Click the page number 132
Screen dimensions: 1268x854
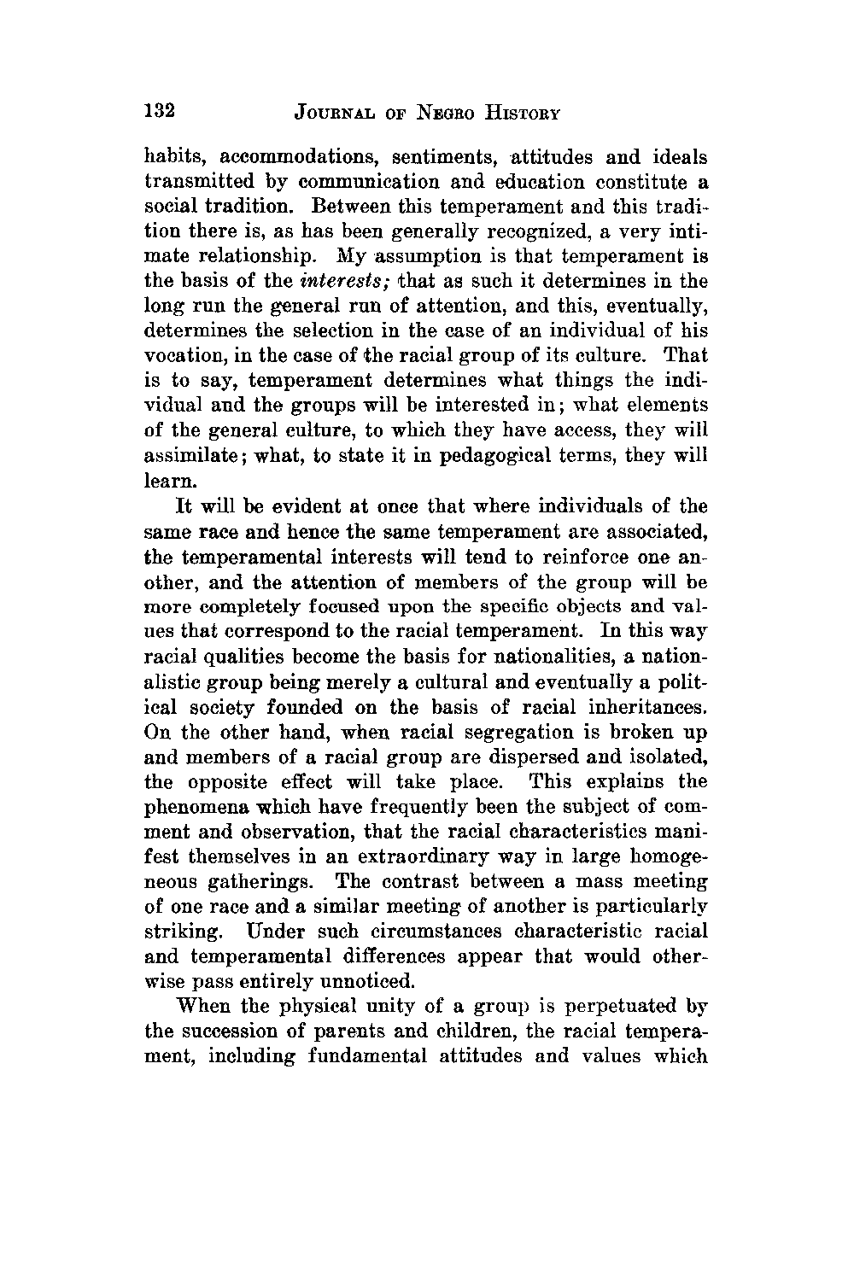pyautogui.click(x=159, y=111)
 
